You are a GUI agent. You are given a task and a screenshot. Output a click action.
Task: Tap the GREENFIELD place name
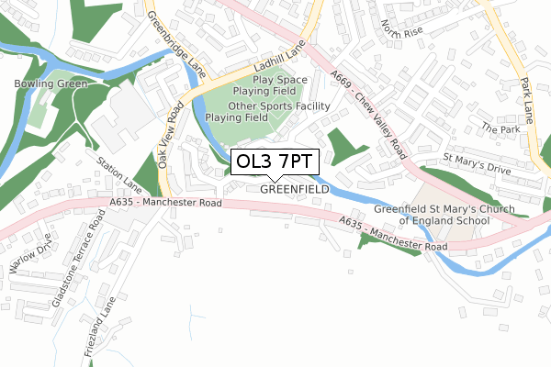click(295, 190)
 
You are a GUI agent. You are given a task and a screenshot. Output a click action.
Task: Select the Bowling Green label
click(51, 83)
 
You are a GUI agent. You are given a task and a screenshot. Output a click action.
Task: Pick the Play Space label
click(281, 80)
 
